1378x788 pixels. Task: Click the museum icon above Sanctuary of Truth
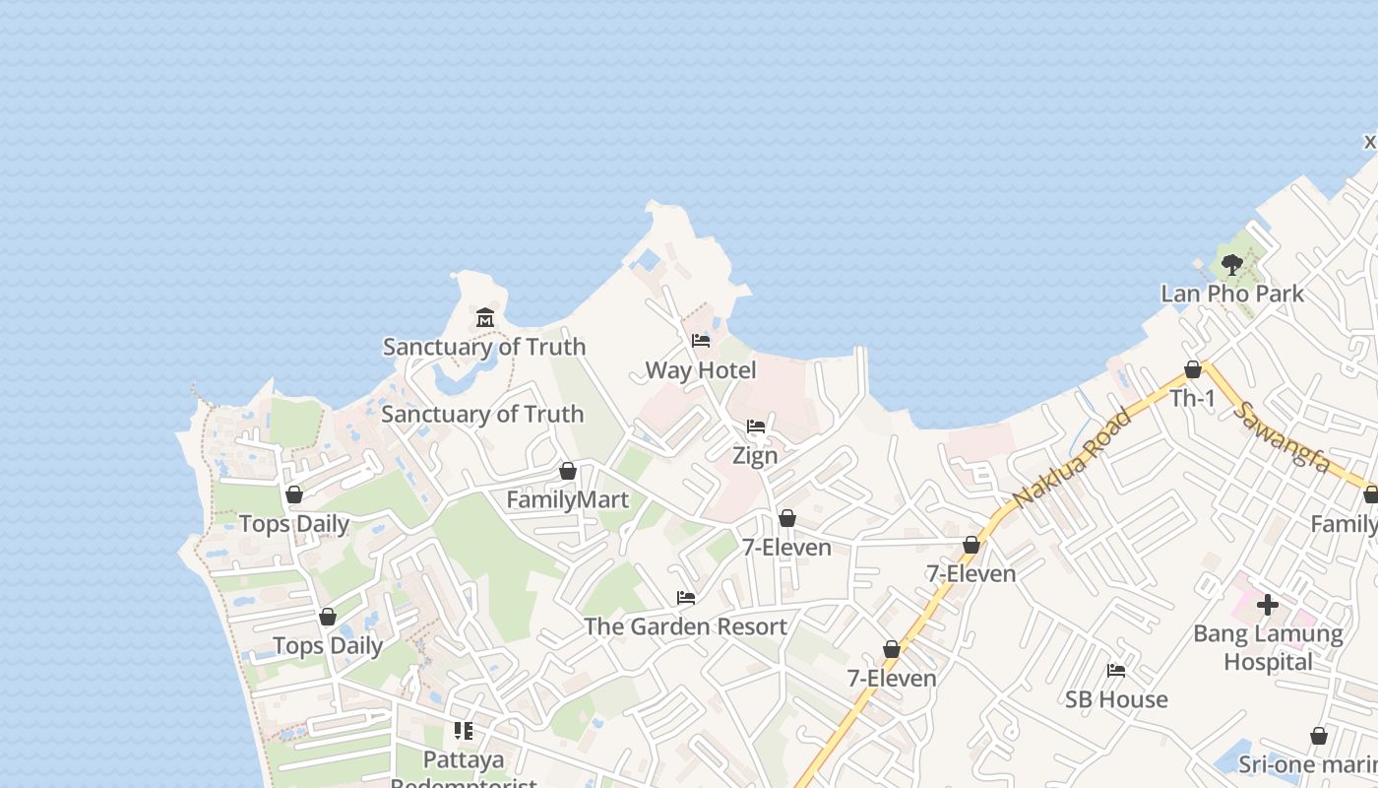click(x=484, y=318)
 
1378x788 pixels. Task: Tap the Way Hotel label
click(x=701, y=370)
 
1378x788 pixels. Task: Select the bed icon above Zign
click(x=755, y=427)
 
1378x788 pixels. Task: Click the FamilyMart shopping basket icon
click(x=567, y=472)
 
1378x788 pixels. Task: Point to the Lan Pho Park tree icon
click(x=1231, y=265)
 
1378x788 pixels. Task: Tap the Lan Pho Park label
click(x=1231, y=294)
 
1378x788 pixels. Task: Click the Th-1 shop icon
click(x=1192, y=370)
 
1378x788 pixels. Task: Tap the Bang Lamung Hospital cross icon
click(x=1268, y=604)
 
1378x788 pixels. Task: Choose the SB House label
click(x=1116, y=699)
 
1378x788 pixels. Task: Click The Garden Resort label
click(x=685, y=626)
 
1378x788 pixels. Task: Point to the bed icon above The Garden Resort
click(x=685, y=598)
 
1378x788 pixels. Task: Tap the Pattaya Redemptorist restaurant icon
click(x=463, y=731)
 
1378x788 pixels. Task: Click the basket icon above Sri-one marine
click(x=1319, y=737)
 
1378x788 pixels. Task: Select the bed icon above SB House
click(x=1115, y=671)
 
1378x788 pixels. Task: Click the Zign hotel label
click(x=755, y=455)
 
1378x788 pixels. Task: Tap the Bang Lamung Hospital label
click(x=1268, y=648)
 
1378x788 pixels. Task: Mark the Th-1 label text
click(x=1192, y=398)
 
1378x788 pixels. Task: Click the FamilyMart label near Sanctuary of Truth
click(x=567, y=499)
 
